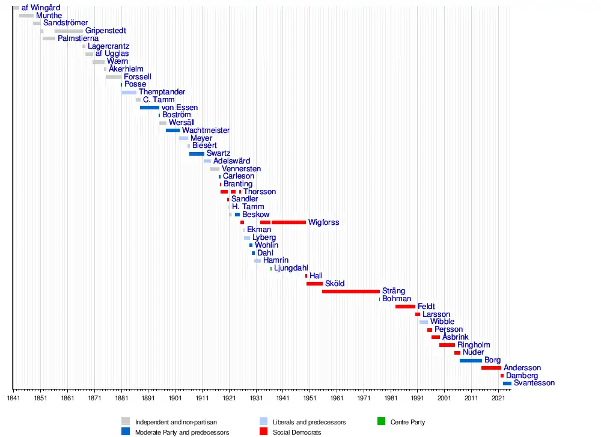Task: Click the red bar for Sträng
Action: [351, 292]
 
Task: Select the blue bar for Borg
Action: [471, 361]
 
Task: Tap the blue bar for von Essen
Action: [150, 108]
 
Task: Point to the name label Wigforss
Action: [323, 222]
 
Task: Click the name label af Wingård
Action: [41, 8]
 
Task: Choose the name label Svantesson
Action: [534, 383]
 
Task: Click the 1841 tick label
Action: [13, 399]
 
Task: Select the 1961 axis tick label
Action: [337, 399]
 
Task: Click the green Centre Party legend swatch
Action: [381, 421]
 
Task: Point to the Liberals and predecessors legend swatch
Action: [263, 421]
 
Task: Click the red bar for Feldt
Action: [405, 307]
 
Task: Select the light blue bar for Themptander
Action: [129, 93]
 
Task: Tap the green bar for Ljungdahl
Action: [271, 268]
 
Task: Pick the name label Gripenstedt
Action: [106, 31]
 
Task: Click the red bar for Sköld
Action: [314, 284]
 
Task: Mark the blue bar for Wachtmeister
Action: [172, 130]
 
